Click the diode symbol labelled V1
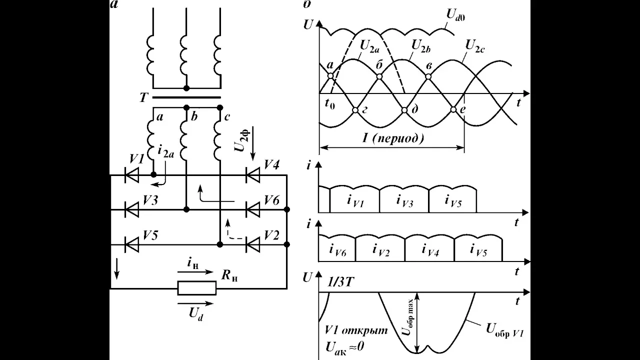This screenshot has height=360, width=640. tap(132, 175)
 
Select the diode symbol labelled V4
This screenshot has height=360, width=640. tap(253, 175)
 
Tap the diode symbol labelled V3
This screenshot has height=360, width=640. tap(132, 209)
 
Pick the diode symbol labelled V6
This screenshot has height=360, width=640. tap(253, 209)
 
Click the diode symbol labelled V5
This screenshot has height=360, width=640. tap(132, 245)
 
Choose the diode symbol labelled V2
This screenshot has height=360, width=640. tap(253, 245)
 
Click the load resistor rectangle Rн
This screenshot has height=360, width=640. tap(197, 288)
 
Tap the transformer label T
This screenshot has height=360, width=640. tap(143, 98)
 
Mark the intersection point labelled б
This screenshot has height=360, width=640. tap(379, 76)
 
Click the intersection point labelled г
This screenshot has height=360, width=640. tap(355, 110)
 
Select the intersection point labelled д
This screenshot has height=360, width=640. tap(404, 110)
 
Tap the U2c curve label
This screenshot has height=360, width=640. tap(475, 46)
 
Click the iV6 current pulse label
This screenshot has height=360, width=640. tap(337, 250)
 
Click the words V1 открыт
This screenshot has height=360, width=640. tap(356, 330)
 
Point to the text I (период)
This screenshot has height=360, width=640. tap(393, 138)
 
